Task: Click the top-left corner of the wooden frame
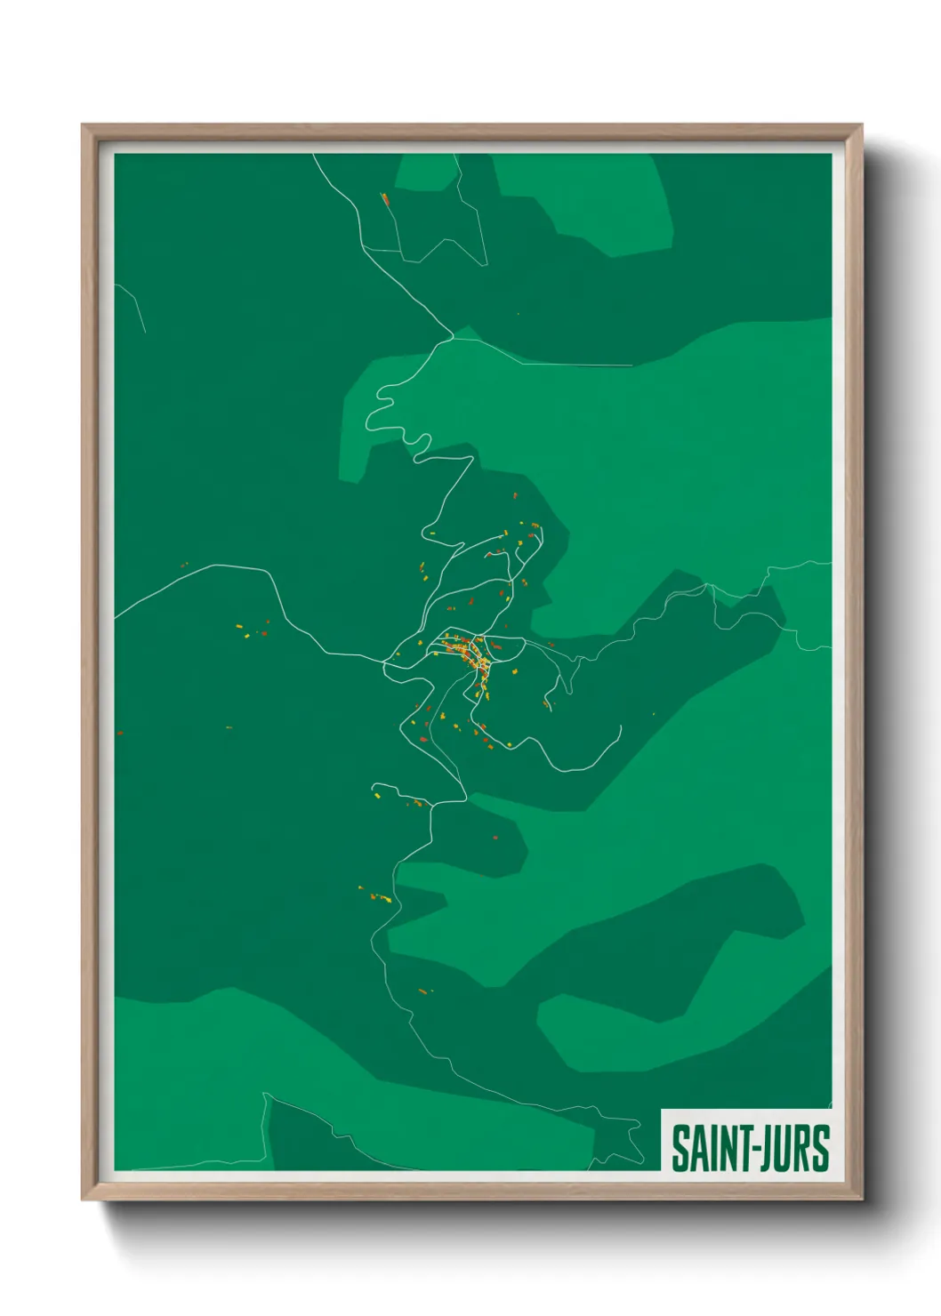coord(84,126)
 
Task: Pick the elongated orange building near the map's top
coord(386,200)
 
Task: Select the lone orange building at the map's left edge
coord(120,734)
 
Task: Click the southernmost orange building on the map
coord(422,991)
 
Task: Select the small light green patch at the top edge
coord(425,173)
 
